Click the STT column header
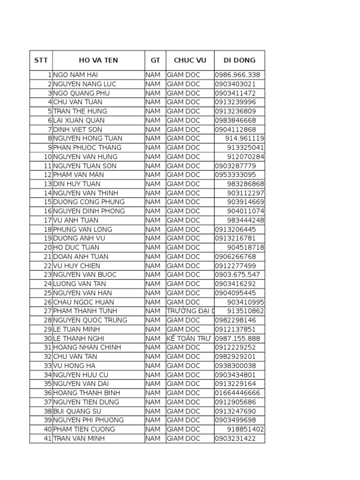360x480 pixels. coord(41,60)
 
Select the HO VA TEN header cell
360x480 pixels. coord(98,60)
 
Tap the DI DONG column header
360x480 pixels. coord(240,60)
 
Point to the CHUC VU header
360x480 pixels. coord(190,60)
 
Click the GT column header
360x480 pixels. coord(155,60)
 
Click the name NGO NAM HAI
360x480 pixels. coord(75,75)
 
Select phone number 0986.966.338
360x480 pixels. coord(237,75)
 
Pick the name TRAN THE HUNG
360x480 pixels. coord(80,111)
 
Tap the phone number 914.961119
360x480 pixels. coord(245,138)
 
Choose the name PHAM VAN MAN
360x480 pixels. coord(79,175)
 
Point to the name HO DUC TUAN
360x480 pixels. coord(76,247)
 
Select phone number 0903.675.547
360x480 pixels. coord(237,275)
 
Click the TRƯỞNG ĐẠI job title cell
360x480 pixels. coord(190,311)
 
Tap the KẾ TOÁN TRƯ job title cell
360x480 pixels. coord(190,338)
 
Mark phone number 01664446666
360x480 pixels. coord(237,393)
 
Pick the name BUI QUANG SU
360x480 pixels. coord(77,411)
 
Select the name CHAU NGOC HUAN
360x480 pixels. coord(83,302)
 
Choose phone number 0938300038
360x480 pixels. coord(236,366)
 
